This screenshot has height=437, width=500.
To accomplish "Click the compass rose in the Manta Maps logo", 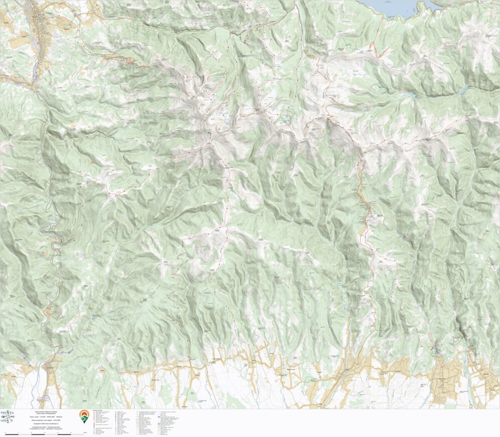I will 8,417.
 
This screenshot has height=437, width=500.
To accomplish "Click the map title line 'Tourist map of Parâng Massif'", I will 46,413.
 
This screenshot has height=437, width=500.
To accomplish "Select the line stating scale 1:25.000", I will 46,417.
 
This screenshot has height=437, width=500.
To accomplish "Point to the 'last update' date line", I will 46,420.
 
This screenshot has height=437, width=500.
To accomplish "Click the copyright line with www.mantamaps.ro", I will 46,423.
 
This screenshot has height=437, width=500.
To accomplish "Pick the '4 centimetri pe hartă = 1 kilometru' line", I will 46,427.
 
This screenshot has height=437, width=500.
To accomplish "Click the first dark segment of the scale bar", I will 12,434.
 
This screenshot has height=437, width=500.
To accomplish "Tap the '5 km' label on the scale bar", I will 85,432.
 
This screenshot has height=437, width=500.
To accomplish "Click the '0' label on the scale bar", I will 5,432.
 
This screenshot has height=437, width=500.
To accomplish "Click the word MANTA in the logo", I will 7,412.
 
